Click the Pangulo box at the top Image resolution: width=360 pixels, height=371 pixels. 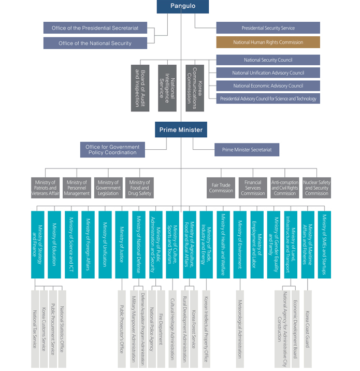[183, 6]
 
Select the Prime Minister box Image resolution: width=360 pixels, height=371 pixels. [181, 130]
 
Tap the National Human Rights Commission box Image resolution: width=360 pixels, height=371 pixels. [268, 42]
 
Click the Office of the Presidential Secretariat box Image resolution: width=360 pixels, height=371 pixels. [95, 28]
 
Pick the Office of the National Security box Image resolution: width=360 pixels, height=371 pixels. [95, 43]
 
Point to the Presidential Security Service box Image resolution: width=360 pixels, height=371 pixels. [268, 28]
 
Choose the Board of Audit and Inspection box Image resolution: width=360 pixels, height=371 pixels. [140, 88]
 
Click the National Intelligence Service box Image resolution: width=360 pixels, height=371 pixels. [167, 88]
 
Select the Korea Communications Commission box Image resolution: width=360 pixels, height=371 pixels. [195, 88]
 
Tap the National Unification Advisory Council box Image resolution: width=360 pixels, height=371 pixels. [268, 73]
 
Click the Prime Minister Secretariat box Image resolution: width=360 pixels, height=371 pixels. [247, 150]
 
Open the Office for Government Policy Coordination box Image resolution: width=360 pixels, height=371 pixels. [112, 150]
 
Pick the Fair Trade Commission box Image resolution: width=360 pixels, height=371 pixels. [221, 188]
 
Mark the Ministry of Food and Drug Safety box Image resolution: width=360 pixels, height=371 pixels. [139, 188]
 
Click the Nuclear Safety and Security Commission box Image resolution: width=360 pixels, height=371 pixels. [316, 188]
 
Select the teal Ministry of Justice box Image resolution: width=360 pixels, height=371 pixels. [122, 245]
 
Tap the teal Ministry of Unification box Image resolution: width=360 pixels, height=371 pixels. [105, 245]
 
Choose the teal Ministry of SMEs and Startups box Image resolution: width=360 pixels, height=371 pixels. [324, 245]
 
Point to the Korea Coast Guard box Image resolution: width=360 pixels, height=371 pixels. [308, 329]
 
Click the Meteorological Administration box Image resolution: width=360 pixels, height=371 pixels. [240, 329]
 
